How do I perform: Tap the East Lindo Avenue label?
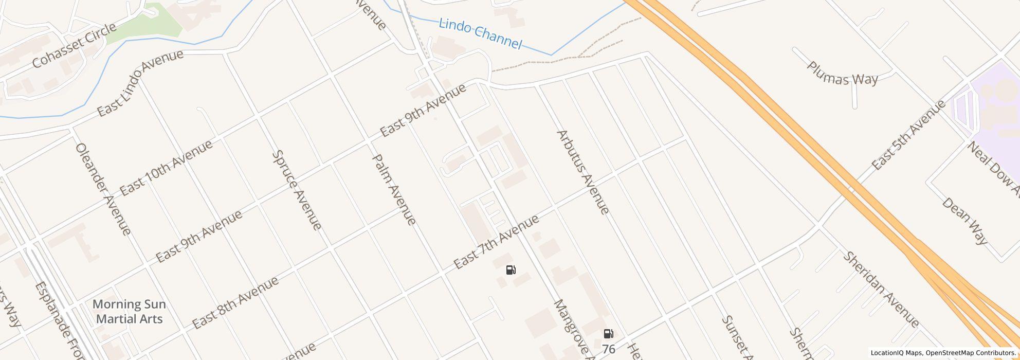point(140,83)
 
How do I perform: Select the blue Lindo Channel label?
point(480,34)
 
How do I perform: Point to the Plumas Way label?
point(842,74)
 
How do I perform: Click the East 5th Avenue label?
point(908,135)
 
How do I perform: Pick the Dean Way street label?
point(964,220)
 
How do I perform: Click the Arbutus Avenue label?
point(583,172)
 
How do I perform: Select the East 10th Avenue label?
point(166,168)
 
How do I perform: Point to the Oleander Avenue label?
point(103,189)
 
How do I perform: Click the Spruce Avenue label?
point(297,190)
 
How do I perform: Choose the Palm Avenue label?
point(393,189)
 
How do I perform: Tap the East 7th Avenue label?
point(497,242)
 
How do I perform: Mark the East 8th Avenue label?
point(235,302)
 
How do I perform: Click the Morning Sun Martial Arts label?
point(129,312)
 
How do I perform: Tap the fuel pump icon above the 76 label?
point(608,334)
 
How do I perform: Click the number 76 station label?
point(608,349)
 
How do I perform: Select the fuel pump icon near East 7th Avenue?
point(511,270)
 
